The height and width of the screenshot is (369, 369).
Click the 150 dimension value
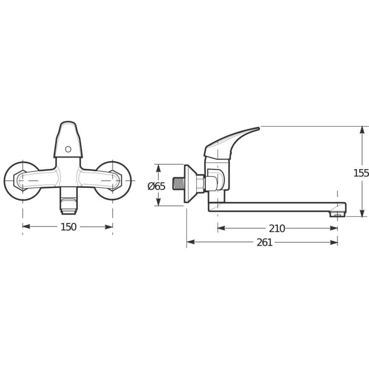click(68, 227)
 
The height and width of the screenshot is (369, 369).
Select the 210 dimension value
click(277, 228)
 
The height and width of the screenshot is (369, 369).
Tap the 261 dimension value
click(264, 242)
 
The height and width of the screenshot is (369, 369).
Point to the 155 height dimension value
click(361, 173)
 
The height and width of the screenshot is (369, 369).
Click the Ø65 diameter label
click(156, 186)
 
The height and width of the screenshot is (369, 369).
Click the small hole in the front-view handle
click(68, 149)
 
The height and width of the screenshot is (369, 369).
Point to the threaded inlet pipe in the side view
click(178, 184)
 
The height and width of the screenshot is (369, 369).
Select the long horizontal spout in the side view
click(272, 207)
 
